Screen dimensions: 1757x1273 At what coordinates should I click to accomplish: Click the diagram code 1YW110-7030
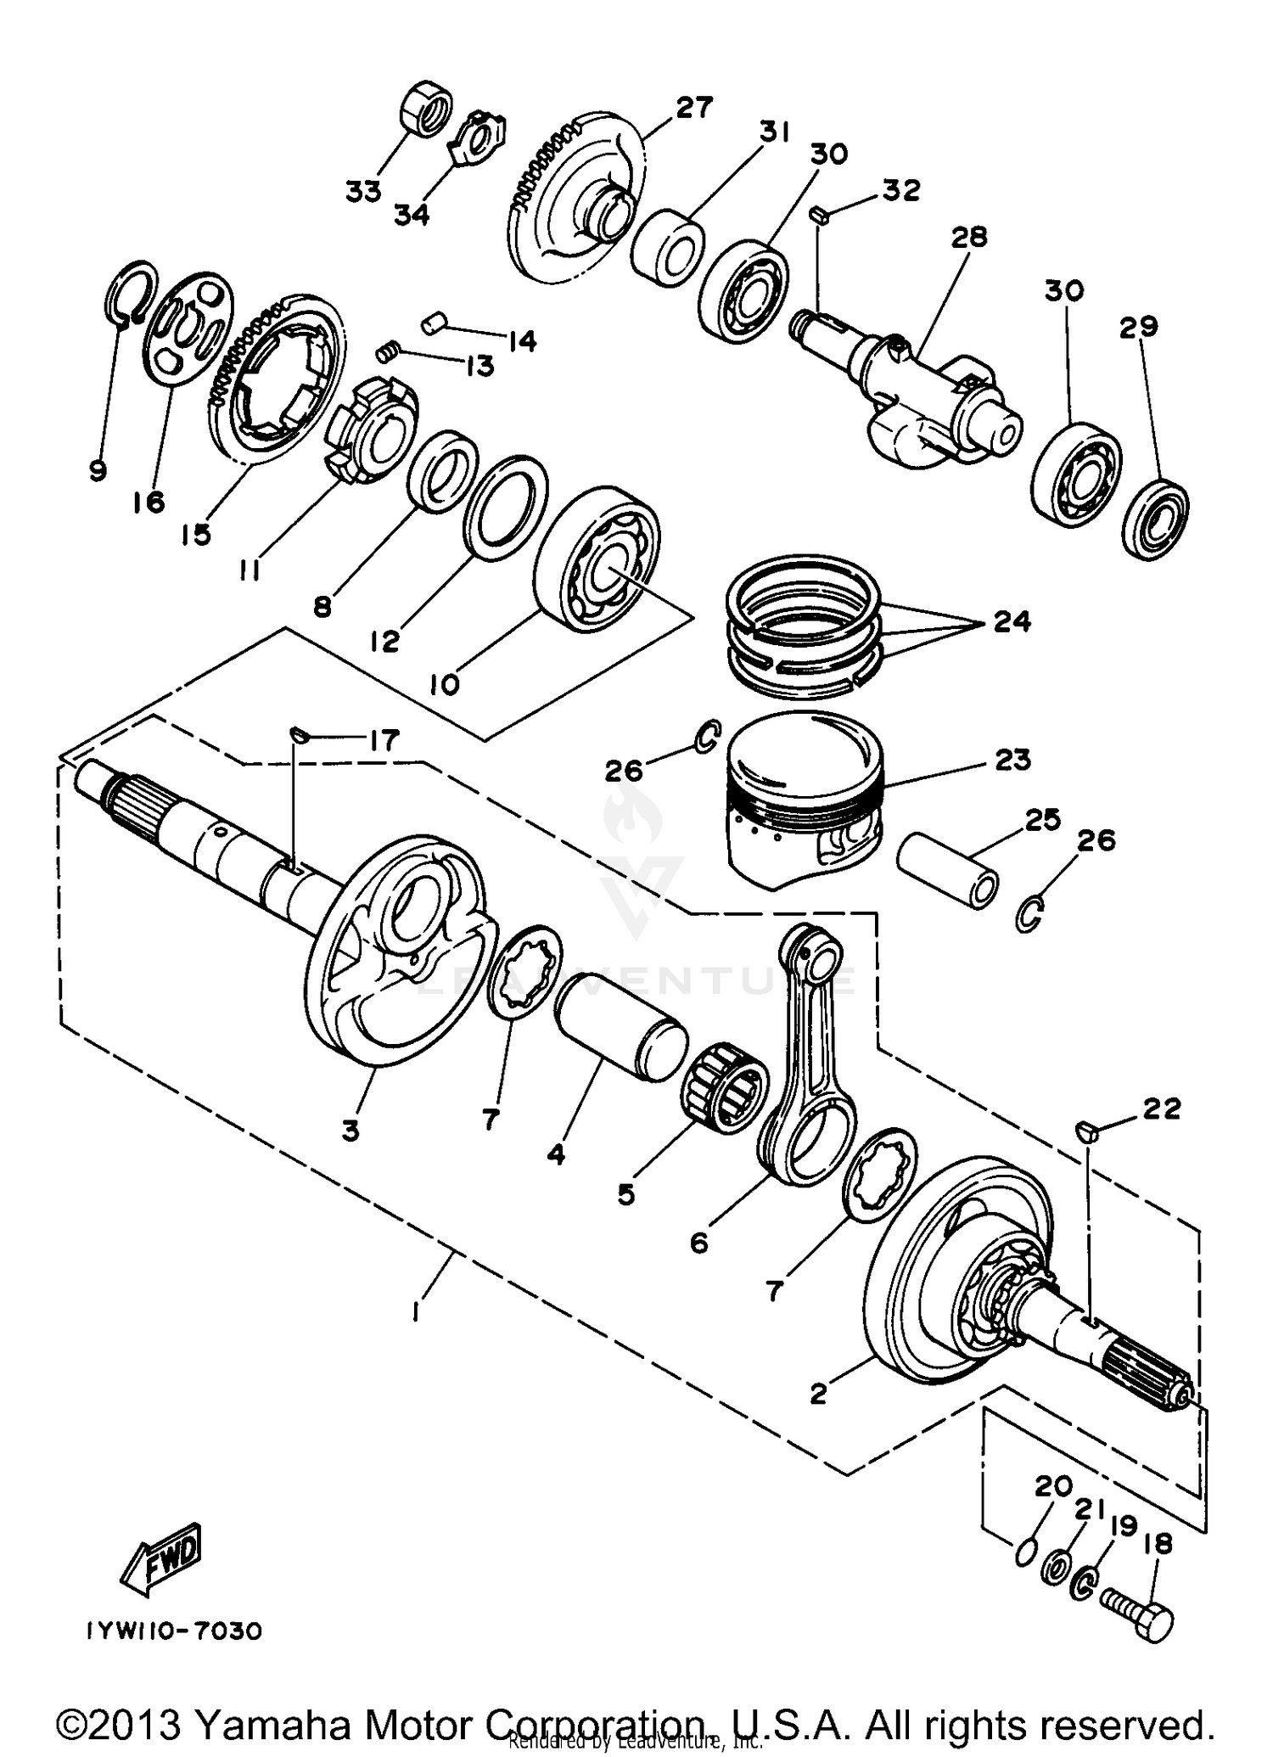tap(172, 1631)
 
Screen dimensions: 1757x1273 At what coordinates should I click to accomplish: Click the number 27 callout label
tap(694, 108)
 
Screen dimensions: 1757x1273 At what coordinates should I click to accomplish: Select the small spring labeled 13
tap(387, 349)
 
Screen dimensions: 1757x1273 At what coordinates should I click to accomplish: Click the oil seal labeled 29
tap(1155, 519)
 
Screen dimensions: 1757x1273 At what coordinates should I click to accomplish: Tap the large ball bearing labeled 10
tap(598, 559)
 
